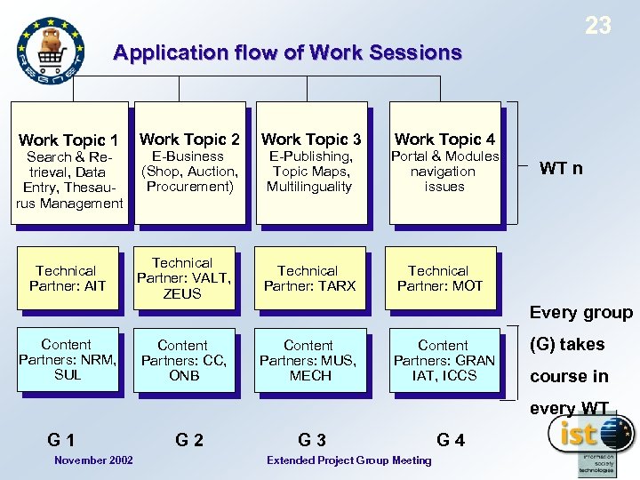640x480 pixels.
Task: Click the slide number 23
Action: pyautogui.click(x=598, y=25)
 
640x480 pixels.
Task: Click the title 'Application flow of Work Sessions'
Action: pyautogui.click(x=287, y=52)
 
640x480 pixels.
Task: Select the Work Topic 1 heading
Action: pyautogui.click(x=68, y=140)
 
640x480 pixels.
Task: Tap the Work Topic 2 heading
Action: pyautogui.click(x=189, y=139)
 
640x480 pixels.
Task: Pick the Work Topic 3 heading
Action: pyautogui.click(x=311, y=139)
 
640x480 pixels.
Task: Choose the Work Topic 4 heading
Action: pyautogui.click(x=444, y=139)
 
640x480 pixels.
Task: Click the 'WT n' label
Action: pyautogui.click(x=561, y=168)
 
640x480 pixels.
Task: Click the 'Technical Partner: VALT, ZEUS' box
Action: pyautogui.click(x=183, y=278)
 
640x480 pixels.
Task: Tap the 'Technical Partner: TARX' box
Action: pyautogui.click(x=308, y=278)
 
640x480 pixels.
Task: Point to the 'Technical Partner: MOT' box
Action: pyautogui.click(x=439, y=278)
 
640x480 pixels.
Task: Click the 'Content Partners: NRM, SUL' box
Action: pyautogui.click(x=67, y=359)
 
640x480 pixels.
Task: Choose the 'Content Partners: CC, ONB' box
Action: pyautogui.click(x=183, y=360)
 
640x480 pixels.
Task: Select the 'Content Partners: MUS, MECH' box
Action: pyautogui.click(x=308, y=360)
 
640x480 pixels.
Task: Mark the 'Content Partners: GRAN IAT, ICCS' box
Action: pyautogui.click(x=442, y=360)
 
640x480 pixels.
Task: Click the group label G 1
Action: pyautogui.click(x=61, y=438)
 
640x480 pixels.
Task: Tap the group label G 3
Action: pyautogui.click(x=312, y=438)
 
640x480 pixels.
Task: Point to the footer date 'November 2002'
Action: pyautogui.click(x=93, y=460)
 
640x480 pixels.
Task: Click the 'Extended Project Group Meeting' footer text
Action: pyautogui.click(x=348, y=460)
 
